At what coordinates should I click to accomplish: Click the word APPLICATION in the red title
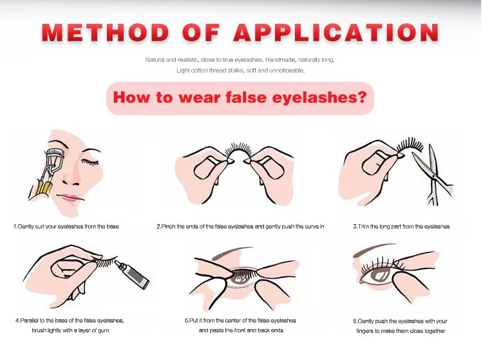pyautogui.click(x=335, y=32)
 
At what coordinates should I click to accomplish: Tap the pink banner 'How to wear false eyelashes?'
pyautogui.click(x=240, y=99)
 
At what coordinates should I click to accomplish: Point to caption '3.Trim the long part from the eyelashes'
pyautogui.click(x=401, y=227)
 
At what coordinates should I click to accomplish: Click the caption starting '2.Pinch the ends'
pyautogui.click(x=240, y=227)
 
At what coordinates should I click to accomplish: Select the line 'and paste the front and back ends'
pyautogui.click(x=240, y=330)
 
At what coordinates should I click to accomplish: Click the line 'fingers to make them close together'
pyautogui.click(x=400, y=331)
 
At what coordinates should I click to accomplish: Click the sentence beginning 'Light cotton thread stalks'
pyautogui.click(x=240, y=70)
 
